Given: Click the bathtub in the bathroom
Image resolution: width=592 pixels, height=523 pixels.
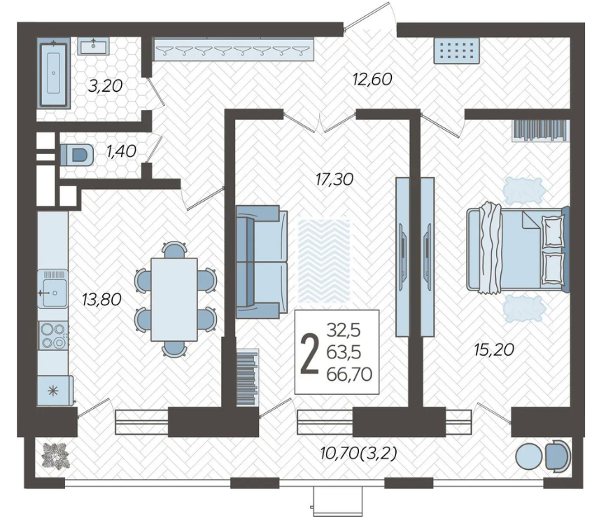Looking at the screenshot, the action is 53,74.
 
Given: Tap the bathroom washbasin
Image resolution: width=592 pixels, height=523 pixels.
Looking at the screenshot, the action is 93,46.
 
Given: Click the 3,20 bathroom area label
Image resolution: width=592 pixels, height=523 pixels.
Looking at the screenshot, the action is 106,85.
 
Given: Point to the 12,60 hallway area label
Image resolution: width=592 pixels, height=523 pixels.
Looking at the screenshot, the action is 372,79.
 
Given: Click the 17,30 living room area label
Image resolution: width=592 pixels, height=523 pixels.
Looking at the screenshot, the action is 334,179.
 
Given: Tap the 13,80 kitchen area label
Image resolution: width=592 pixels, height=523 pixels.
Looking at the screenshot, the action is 102,300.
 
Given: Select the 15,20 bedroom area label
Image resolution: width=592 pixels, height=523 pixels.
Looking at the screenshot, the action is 494,349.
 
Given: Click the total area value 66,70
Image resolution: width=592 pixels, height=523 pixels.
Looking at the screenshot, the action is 349,374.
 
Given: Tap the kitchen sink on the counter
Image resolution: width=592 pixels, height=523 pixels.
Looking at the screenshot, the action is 53,289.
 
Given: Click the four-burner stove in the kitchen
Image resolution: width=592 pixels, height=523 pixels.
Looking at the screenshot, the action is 53,335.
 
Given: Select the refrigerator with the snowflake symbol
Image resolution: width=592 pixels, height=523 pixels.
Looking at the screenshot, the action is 55,391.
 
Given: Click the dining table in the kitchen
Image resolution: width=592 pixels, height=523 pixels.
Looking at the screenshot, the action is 174,300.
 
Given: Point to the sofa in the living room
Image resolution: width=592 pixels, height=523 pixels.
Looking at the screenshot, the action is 261,262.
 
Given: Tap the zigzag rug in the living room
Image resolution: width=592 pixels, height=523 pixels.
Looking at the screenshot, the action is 324,261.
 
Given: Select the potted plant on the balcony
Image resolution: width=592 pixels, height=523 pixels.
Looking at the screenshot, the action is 55,456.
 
